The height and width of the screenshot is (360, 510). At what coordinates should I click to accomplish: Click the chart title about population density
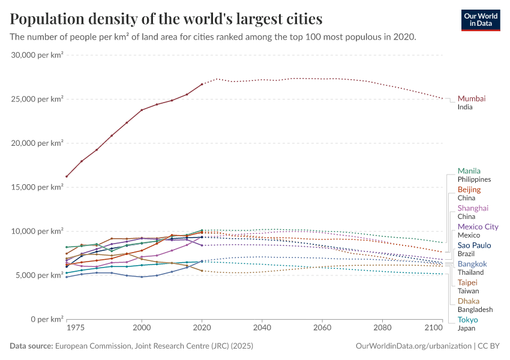click(166, 19)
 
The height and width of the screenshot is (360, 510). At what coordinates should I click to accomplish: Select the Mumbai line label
click(472, 98)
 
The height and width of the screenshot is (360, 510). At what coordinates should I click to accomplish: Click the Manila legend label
click(469, 171)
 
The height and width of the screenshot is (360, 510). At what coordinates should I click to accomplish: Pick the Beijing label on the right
click(469, 190)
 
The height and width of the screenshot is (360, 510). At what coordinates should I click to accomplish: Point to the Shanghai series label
click(473, 208)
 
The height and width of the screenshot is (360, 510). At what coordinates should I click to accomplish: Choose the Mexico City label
click(478, 227)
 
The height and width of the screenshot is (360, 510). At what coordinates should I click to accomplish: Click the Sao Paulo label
click(474, 245)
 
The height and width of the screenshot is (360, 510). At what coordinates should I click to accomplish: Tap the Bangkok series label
click(472, 264)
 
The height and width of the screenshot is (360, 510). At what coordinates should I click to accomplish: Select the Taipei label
click(467, 283)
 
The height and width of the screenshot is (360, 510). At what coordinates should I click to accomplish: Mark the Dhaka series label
click(468, 301)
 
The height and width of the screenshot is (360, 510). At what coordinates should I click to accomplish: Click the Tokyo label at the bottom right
click(467, 320)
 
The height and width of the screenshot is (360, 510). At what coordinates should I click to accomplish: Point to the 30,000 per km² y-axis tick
click(37, 55)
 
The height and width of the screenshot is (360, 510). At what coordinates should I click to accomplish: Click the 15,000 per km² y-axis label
click(37, 187)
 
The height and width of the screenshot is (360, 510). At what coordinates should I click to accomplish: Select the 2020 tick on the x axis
click(202, 328)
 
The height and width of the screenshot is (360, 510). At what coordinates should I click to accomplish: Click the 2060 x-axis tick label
click(322, 328)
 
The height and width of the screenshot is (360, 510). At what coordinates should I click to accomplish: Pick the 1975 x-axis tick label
click(75, 328)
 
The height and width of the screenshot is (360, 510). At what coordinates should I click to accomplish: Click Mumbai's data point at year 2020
click(202, 84)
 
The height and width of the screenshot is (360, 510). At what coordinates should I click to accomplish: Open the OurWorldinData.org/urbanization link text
click(413, 346)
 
